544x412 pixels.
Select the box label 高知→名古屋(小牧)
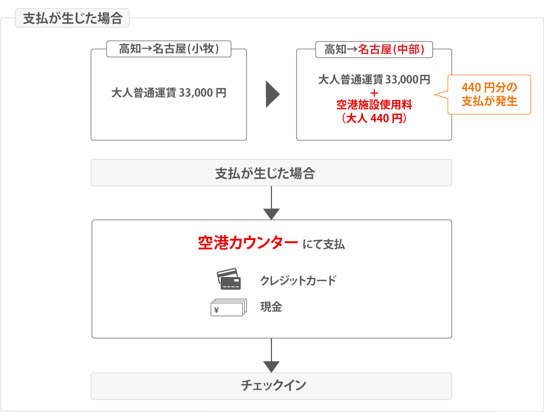[x=169, y=49]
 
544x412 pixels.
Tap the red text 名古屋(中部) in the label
[x=391, y=49]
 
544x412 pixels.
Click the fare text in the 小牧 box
[x=169, y=93]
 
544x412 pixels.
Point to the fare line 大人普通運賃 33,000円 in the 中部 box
[x=374, y=80]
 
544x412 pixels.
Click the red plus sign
[x=374, y=93]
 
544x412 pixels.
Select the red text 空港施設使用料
[x=374, y=104]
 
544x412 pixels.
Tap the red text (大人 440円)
[x=374, y=117]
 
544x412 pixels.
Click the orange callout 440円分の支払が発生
[x=489, y=94]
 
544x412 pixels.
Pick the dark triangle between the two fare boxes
[x=272, y=95]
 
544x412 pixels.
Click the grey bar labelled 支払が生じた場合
[x=271, y=173]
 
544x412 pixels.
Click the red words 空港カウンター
[x=248, y=243]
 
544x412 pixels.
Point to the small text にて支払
[x=323, y=244]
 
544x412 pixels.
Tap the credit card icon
[x=228, y=279]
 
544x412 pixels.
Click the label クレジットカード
[x=298, y=281]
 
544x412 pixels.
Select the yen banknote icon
[x=227, y=308]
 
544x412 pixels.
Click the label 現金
[x=271, y=307]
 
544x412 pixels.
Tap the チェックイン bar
[x=271, y=386]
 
